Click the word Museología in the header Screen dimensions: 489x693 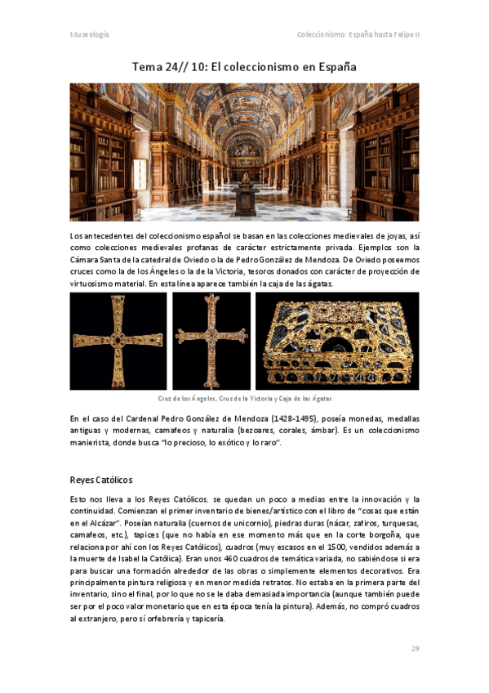coord(89,35)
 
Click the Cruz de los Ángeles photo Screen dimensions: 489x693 coord(119,341)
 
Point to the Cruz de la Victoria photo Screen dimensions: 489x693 coord(211,341)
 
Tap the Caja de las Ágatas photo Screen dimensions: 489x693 coord(337,341)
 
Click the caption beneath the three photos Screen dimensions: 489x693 coord(244,399)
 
